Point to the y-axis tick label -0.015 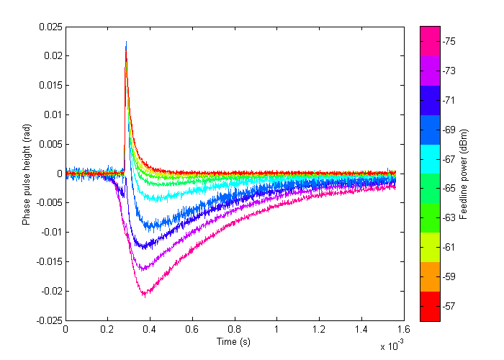point(49,261)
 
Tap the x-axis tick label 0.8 point(234,330)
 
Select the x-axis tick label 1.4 point(361,330)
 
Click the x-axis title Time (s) point(233,342)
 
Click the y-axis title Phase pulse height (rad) point(27,175)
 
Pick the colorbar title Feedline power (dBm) point(464,174)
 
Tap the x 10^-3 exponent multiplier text point(392,345)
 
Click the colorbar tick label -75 point(449,42)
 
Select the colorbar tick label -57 point(449,306)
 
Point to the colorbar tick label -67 point(449,159)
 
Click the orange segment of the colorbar point(430,276)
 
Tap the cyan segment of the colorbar point(430,159)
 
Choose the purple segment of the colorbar point(430,71)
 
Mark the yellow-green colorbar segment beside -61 point(430,248)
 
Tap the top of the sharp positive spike point(126,42)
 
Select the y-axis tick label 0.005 point(51,144)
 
